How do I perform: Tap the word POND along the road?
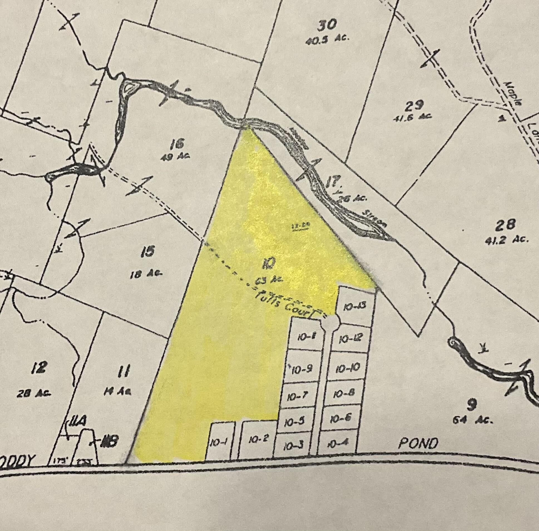[418, 443]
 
